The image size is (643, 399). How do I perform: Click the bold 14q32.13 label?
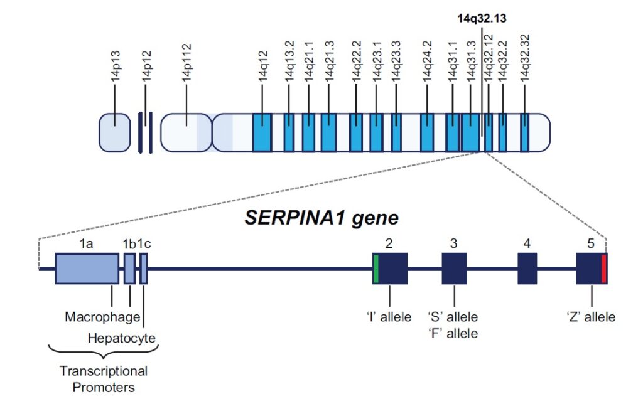[x=481, y=19]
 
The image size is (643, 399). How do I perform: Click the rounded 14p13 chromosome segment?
[x=114, y=133]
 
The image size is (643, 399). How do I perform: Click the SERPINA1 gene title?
[x=321, y=218]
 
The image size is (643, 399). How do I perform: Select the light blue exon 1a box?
[x=87, y=269]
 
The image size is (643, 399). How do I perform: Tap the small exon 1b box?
[x=129, y=269]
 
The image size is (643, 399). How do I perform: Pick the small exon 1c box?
[x=144, y=269]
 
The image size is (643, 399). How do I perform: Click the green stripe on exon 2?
[x=376, y=269]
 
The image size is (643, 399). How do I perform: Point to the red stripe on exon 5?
[x=604, y=269]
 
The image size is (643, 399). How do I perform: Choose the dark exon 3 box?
[x=454, y=269]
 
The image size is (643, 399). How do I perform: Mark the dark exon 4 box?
[x=527, y=269]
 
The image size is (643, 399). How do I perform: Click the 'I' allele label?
[x=389, y=317]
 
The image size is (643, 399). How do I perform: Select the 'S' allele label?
[x=453, y=317]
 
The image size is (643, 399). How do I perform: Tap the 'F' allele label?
[x=453, y=333]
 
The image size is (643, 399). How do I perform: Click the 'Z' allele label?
[x=591, y=317]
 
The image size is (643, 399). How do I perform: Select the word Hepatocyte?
[x=121, y=339]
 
